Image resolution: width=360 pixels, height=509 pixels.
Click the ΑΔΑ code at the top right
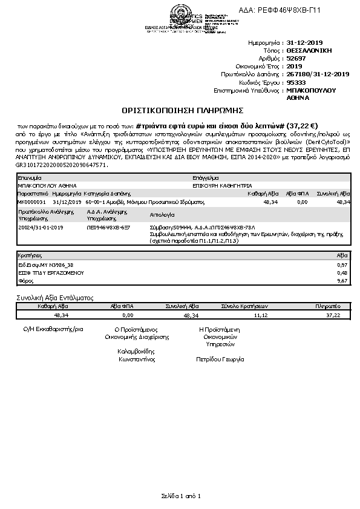[289, 10]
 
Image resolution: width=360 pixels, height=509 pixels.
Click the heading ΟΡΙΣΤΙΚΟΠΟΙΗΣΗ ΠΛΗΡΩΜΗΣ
[182, 111]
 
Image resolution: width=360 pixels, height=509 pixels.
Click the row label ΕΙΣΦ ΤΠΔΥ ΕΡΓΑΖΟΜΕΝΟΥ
[42, 273]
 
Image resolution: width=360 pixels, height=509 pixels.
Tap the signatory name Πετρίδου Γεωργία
[220, 360]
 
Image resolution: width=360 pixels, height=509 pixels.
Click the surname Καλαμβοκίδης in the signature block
[136, 351]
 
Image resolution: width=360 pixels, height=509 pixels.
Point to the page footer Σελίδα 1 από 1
[180, 496]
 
